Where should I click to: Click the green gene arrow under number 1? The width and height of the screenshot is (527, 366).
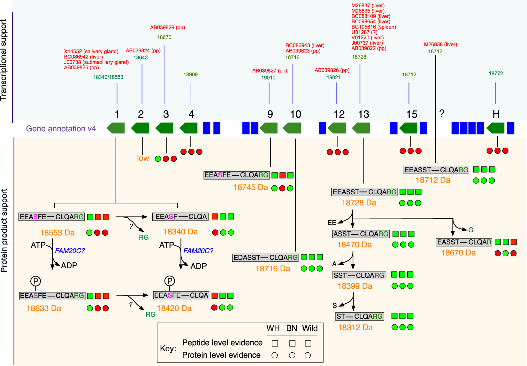[116, 128]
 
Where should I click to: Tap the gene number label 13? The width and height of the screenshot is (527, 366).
[363, 114]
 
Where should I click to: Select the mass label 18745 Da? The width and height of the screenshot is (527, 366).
[250, 188]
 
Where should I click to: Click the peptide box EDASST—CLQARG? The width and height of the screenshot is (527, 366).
[265, 258]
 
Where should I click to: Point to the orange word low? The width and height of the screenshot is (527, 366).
[143, 158]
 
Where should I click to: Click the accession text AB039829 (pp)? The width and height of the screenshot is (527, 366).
[167, 27]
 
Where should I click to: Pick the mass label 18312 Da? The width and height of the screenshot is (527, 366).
[355, 328]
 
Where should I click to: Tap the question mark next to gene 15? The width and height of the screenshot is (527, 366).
[442, 113]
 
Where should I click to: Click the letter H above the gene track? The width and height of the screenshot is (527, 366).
[496, 114]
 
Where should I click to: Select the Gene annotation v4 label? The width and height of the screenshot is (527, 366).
[61, 128]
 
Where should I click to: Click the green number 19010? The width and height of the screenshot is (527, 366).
[268, 78]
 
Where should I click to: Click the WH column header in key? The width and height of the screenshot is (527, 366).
[273, 329]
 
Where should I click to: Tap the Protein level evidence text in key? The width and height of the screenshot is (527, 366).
[221, 355]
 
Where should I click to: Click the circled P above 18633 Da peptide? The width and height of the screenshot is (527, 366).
[35, 281]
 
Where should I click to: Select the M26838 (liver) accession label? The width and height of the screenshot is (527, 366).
[440, 44]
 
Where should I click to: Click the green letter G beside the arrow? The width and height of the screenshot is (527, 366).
[471, 230]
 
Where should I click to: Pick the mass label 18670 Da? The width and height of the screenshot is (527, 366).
[458, 253]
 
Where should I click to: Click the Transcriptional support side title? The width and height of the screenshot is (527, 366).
[4, 60]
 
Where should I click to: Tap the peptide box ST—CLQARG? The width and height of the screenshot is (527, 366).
[359, 316]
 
